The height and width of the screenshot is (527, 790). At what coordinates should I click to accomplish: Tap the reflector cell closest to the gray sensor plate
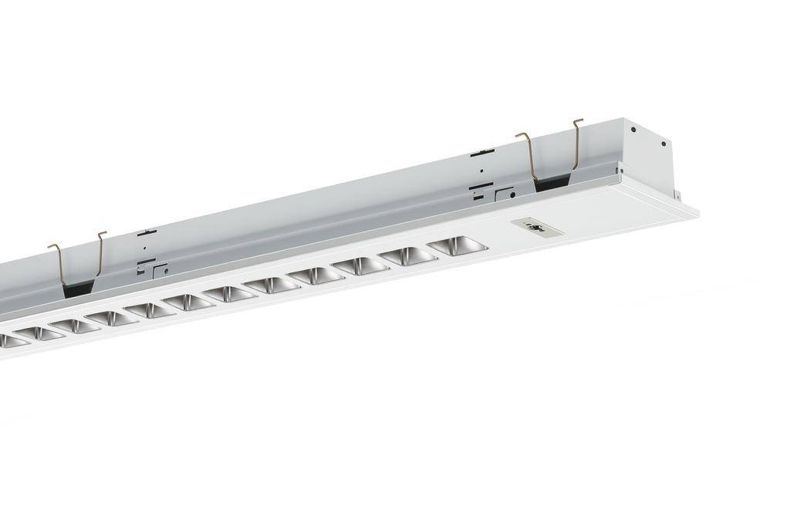click(457, 245)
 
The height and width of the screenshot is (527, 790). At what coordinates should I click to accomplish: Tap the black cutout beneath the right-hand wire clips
click(554, 182)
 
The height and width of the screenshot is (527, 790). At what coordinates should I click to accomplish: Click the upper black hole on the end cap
click(633, 130)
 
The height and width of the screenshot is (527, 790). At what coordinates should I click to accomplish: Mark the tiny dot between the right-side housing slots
click(481, 171)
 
